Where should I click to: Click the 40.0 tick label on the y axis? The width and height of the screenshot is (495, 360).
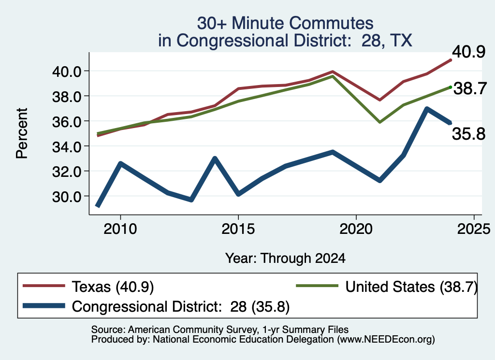coord(67,72)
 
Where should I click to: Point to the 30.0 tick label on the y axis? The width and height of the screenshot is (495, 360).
coord(67,197)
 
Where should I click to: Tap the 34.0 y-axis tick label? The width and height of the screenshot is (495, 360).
coord(67,147)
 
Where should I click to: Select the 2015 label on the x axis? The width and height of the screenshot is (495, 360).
coord(238,229)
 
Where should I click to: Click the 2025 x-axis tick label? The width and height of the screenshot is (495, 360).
coord(474,229)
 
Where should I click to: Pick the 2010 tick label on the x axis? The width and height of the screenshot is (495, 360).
coord(120,229)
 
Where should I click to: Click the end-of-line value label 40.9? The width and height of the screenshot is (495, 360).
coord(468,51)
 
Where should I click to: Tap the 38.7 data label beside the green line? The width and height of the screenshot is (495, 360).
coord(470,88)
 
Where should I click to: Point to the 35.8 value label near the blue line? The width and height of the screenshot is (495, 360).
coord(468,134)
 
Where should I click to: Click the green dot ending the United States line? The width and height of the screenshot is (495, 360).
coord(451,87)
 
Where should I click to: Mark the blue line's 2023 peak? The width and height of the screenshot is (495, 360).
coord(427,109)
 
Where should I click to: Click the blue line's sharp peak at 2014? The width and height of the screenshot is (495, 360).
coord(215,158)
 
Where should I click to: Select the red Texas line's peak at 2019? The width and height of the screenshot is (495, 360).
coord(333,72)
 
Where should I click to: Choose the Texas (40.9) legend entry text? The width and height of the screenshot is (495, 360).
coord(113,287)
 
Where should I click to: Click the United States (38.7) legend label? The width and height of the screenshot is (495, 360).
coord(411,287)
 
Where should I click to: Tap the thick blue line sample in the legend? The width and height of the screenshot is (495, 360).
coord(44,306)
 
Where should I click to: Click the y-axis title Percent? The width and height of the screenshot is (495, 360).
coord(22,133)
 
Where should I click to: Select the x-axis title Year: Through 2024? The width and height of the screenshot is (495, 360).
coord(285,258)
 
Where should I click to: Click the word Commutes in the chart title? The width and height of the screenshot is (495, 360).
coord(331,23)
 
